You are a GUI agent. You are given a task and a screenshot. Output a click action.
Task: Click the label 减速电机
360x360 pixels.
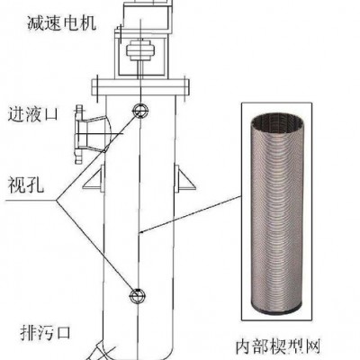click(x=62, y=22)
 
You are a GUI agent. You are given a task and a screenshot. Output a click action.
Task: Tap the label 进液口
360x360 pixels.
click(x=32, y=114)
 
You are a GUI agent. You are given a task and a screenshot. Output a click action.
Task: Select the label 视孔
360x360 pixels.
click(x=26, y=184)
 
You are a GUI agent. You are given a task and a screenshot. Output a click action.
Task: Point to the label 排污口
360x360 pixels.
click(x=45, y=332)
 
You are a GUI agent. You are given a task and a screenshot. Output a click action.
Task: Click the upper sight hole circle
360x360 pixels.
click(x=140, y=110)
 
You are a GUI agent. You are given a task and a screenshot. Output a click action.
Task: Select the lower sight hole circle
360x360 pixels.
click(x=138, y=296)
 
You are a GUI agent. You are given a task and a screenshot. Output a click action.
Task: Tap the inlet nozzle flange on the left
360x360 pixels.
click(x=78, y=134)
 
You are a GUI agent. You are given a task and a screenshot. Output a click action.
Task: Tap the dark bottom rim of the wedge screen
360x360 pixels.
click(x=275, y=308)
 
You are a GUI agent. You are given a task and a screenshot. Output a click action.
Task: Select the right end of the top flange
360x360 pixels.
click(x=185, y=87)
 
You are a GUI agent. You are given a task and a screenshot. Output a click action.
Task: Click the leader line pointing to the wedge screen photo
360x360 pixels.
click(x=192, y=213)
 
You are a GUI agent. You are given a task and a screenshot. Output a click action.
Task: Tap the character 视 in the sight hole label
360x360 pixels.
click(x=17, y=184)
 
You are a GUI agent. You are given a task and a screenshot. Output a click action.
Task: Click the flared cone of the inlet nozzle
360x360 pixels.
click(x=97, y=134)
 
